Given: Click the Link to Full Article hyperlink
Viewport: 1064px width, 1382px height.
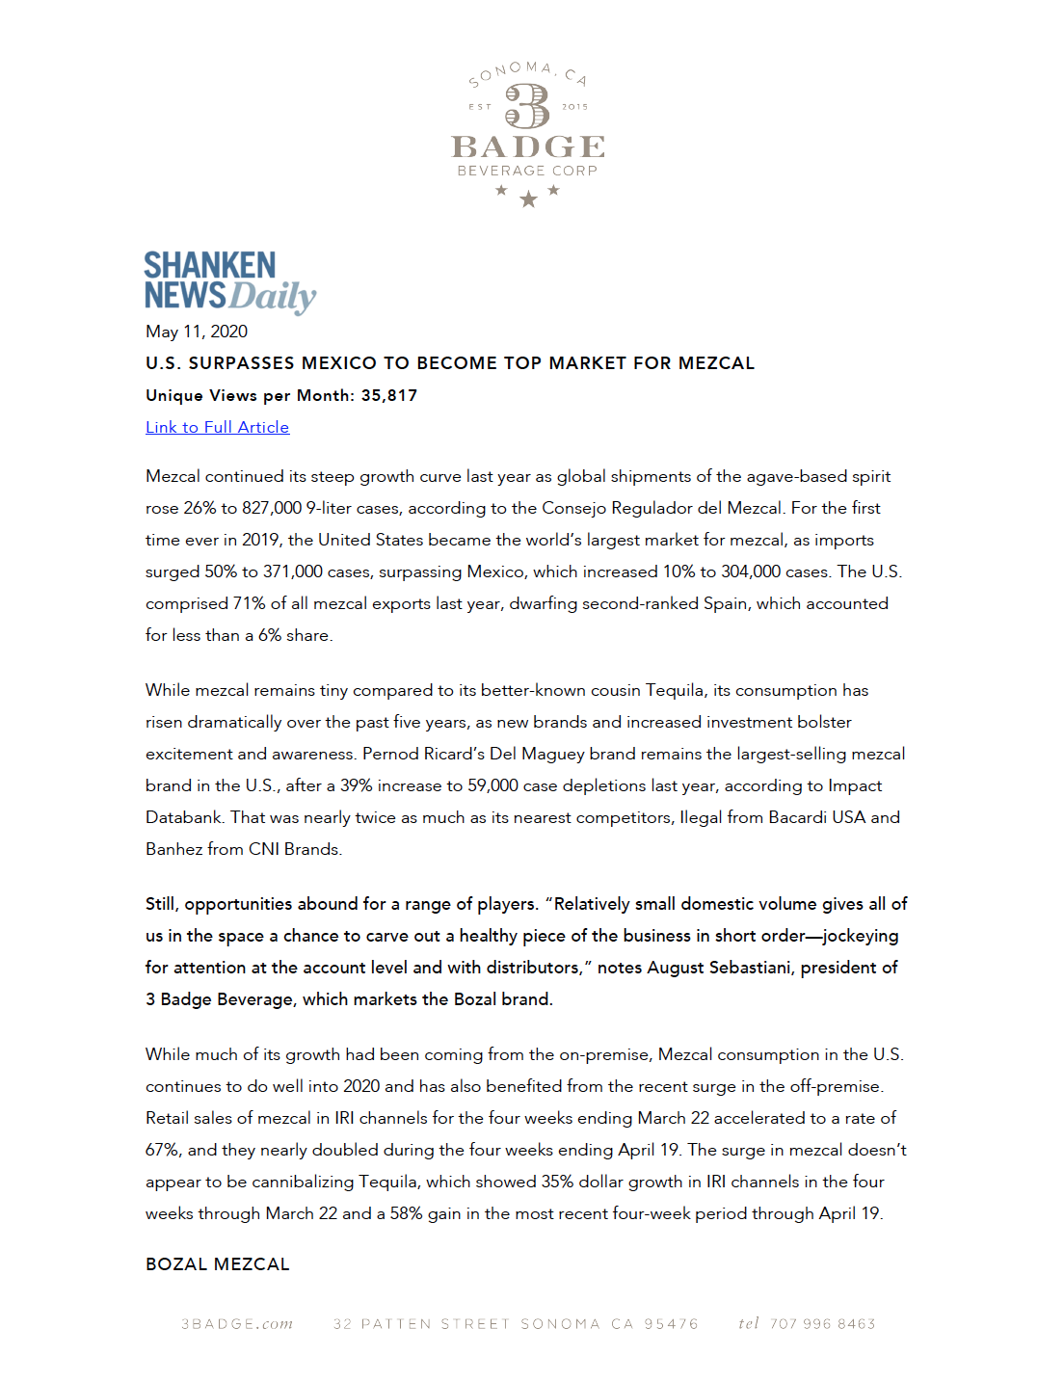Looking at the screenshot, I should click(x=217, y=427).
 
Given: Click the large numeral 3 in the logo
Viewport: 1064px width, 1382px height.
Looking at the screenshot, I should click(x=527, y=106).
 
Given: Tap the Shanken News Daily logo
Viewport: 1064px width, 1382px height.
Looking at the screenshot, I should click(x=229, y=281).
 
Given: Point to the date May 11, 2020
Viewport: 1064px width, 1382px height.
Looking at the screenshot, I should click(x=197, y=332).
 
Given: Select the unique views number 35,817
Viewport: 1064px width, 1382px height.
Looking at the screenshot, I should click(x=389, y=395).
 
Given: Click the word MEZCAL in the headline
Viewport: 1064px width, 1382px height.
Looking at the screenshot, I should click(x=716, y=363).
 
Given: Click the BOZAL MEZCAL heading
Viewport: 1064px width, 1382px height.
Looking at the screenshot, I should click(x=218, y=1264).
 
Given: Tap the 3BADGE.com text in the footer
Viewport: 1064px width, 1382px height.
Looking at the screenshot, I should click(x=237, y=1324).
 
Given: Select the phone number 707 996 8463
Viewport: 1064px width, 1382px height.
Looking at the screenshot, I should click(x=822, y=1324).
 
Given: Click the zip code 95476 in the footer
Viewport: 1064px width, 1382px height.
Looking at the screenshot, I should click(x=671, y=1324).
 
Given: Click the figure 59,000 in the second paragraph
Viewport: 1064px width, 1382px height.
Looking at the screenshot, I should click(x=492, y=785).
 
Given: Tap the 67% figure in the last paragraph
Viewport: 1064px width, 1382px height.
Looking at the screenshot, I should click(x=162, y=1150).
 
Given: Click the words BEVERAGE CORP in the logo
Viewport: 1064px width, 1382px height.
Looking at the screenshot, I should click(x=527, y=171).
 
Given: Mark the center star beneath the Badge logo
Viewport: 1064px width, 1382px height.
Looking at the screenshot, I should click(x=528, y=199).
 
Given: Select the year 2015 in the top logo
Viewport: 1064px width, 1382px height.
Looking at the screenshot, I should click(x=574, y=107).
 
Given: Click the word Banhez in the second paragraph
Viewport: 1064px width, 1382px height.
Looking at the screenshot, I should click(x=173, y=849).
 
